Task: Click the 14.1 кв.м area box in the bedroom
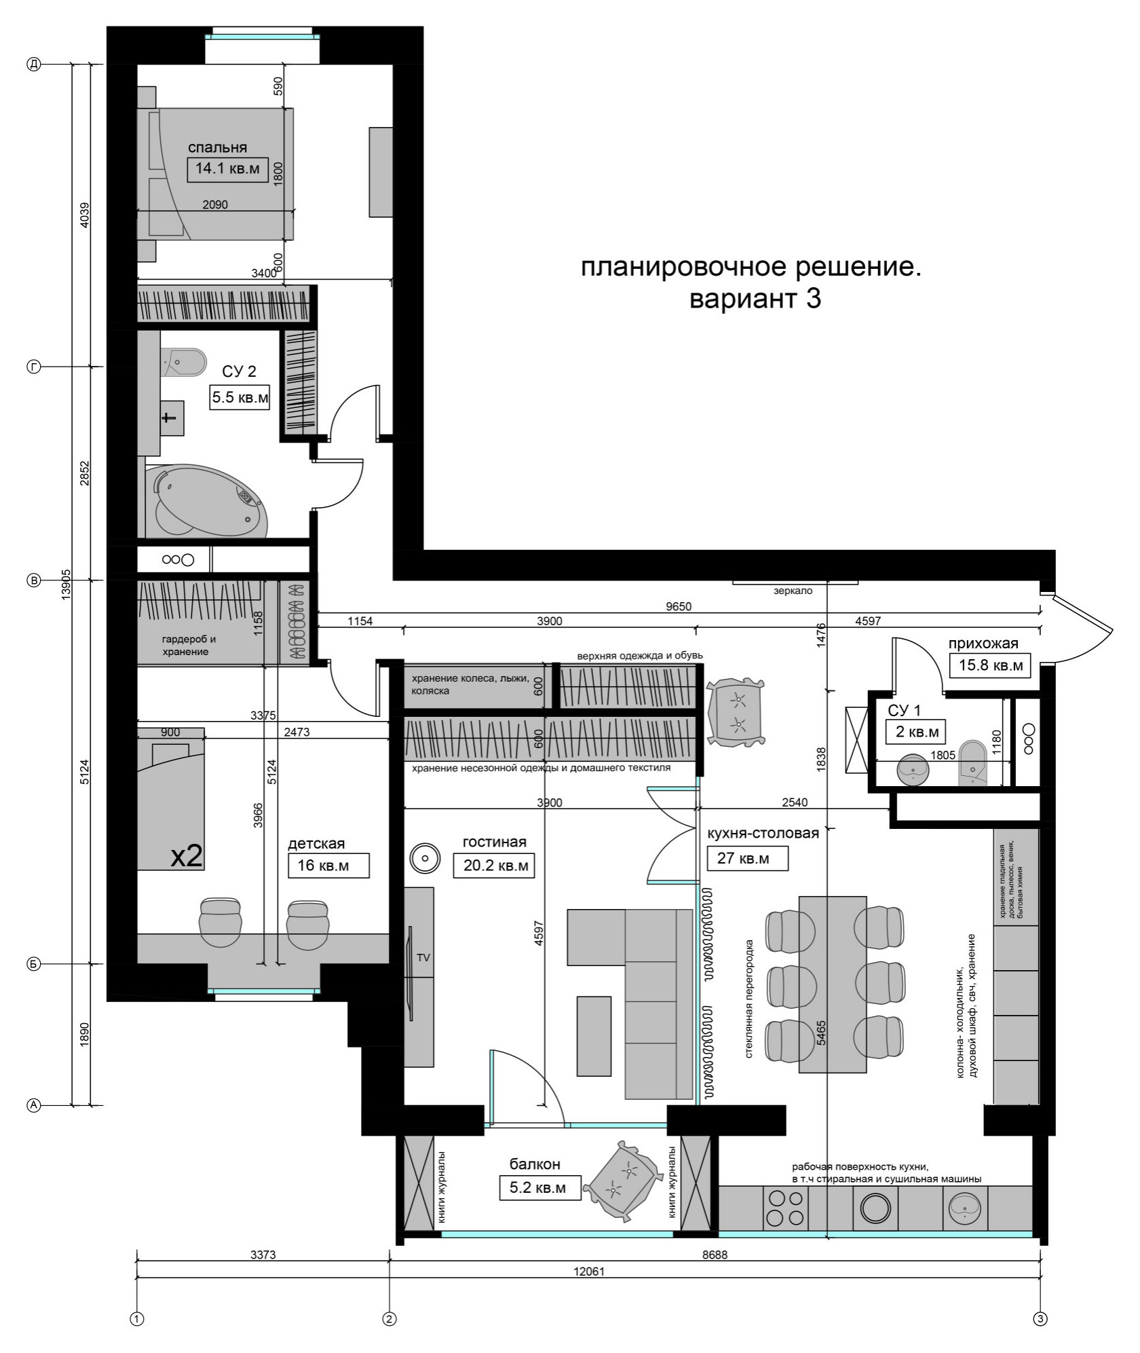227,169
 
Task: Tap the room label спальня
217,147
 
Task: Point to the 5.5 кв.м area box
240,398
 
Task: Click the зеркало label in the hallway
793,591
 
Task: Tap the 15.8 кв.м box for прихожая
990,665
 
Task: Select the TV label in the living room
423,958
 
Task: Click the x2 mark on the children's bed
186,856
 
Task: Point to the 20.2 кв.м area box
494,866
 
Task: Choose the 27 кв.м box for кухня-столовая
748,858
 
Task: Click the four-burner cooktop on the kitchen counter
786,1209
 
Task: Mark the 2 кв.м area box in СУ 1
915,732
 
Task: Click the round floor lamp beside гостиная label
425,858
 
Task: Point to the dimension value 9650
679,607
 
